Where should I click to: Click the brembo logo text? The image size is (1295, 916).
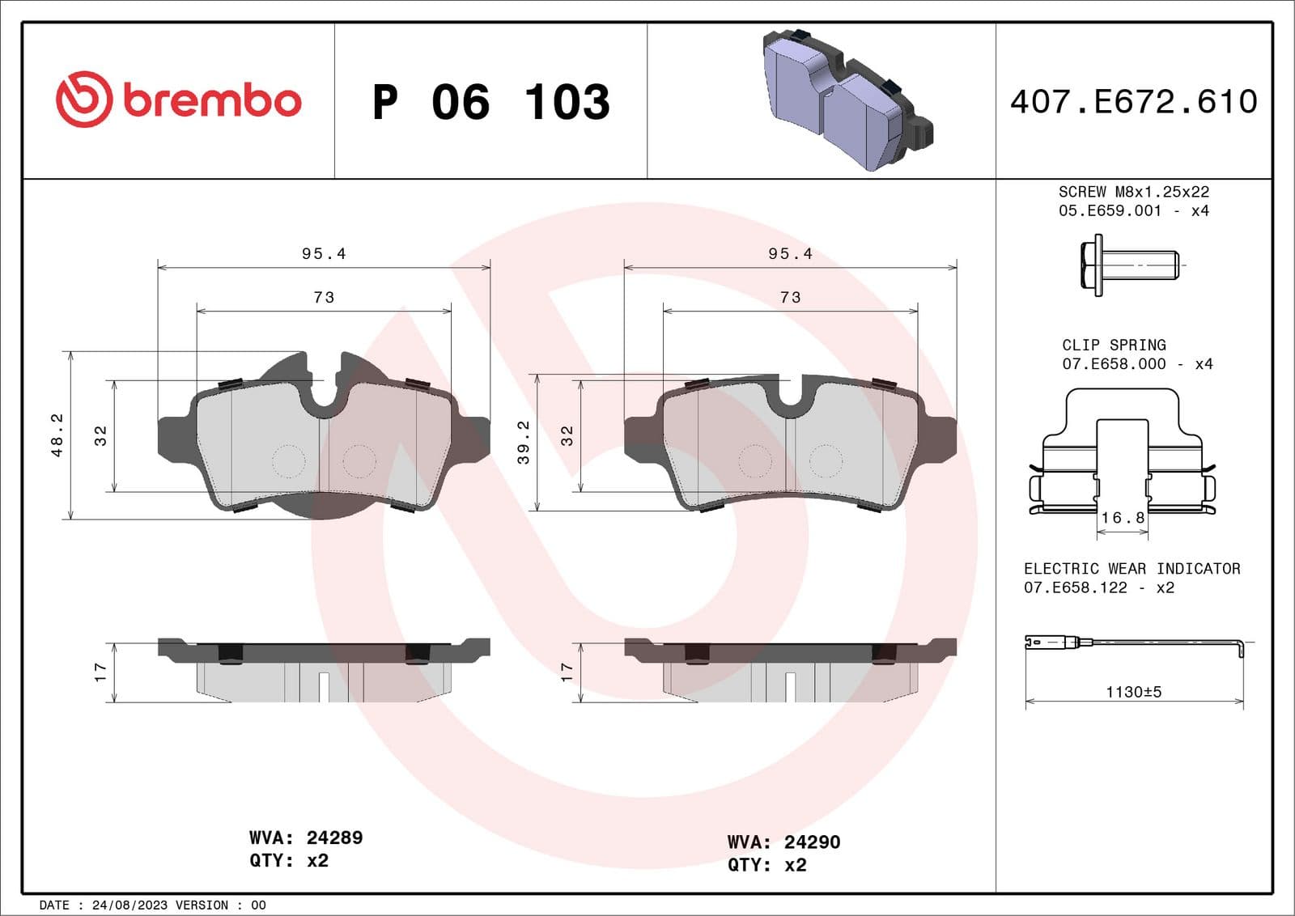[212, 100]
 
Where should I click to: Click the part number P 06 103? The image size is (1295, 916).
[490, 102]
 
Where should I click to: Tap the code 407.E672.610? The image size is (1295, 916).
[1133, 102]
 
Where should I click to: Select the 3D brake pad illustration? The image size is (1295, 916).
[846, 100]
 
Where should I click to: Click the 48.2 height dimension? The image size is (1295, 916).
[57, 435]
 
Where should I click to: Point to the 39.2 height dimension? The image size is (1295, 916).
[524, 443]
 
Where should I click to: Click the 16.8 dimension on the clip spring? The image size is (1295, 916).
[1123, 518]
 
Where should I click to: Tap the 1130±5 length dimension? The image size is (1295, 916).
[1133, 692]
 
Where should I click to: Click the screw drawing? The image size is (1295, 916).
[1129, 265]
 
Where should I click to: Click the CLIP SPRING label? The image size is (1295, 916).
[1114, 345]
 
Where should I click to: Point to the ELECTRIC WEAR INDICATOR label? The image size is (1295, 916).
[1132, 569]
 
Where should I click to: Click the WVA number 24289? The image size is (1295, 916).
[333, 838]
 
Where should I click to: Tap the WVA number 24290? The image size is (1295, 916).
[812, 842]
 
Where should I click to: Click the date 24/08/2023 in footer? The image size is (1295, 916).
[129, 905]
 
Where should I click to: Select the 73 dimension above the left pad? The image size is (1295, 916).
[324, 297]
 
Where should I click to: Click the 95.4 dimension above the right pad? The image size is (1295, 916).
[790, 253]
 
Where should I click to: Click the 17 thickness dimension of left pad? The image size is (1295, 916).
[100, 672]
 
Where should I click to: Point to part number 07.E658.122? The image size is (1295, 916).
[1075, 587]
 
